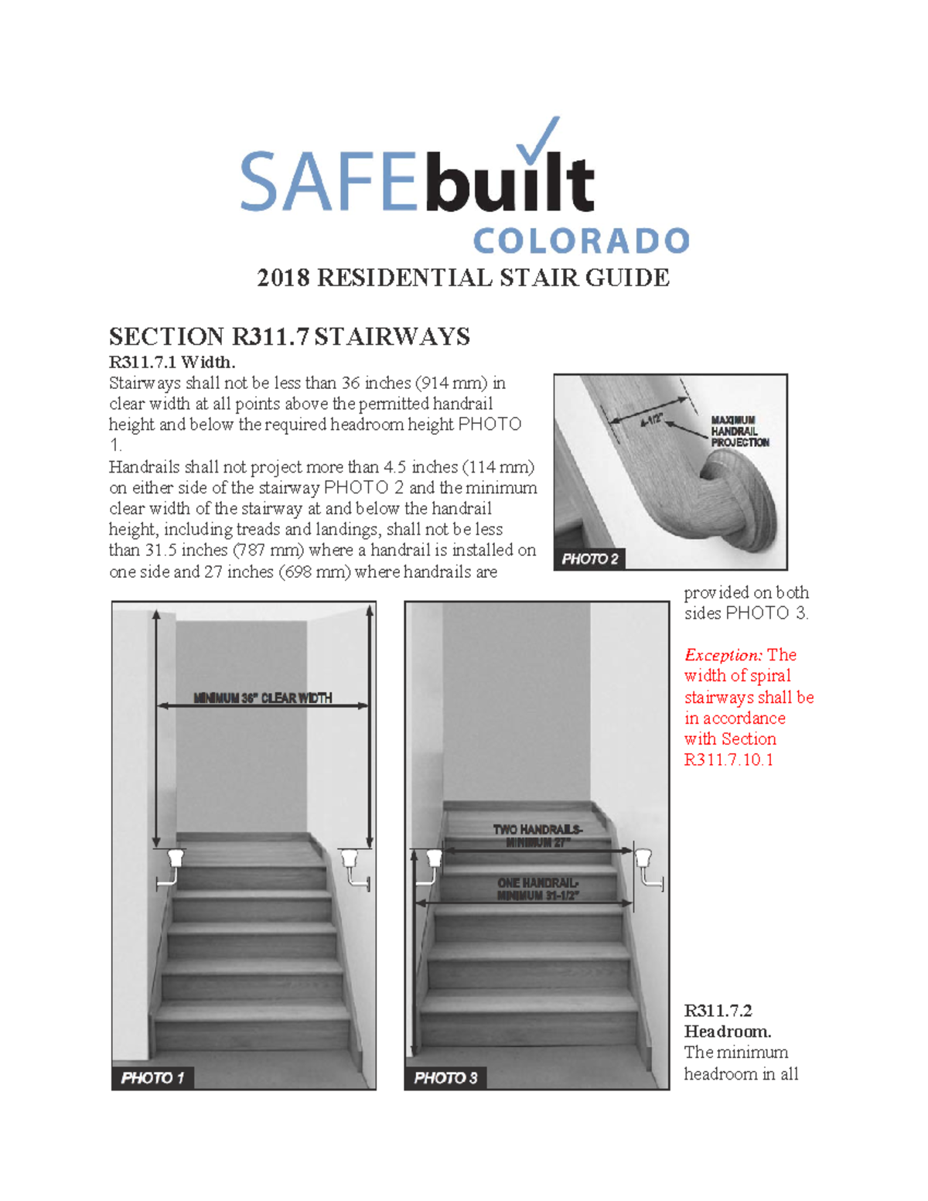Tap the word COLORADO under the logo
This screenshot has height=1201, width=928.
tap(580, 241)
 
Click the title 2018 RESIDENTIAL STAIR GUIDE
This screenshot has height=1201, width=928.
tap(462, 278)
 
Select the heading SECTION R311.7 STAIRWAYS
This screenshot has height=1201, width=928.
tap(289, 336)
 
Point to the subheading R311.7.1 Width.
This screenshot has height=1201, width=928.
tap(172, 362)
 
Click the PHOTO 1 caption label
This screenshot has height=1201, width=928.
tap(152, 1077)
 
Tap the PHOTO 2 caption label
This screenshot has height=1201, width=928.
tap(589, 558)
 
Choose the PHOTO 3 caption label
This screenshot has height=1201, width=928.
tap(445, 1077)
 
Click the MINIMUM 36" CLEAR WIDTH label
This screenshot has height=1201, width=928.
tap(262, 698)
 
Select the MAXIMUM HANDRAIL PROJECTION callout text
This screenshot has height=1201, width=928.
tap(739, 432)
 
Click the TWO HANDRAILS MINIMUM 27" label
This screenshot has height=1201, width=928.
tap(537, 835)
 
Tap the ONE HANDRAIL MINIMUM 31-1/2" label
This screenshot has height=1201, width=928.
tap(537, 889)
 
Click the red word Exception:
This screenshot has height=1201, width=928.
tap(723, 655)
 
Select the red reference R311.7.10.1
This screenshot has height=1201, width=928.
tap(728, 759)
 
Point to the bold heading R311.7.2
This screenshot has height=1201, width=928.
tap(718, 1010)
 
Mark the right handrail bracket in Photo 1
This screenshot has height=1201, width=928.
tap(352, 866)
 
